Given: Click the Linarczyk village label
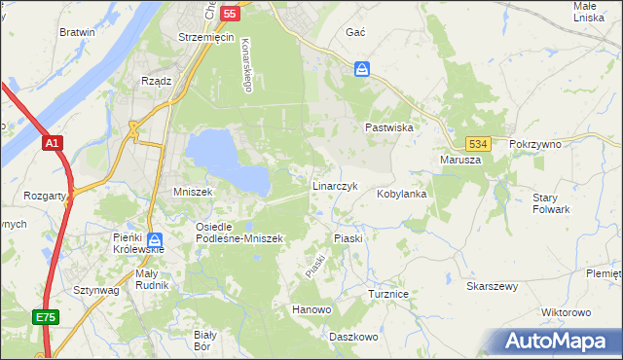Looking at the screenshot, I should [x=335, y=186].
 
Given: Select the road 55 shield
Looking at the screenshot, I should [x=230, y=14].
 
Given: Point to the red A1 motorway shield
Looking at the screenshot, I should [x=53, y=143].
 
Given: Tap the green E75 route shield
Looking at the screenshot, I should [x=45, y=317].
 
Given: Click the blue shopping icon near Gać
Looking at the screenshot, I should [x=362, y=69].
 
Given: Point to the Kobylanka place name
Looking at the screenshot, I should [x=402, y=194].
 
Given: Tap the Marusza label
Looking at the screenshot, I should [x=460, y=160].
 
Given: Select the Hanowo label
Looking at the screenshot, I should [x=311, y=309].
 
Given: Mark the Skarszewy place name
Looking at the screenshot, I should [x=492, y=286].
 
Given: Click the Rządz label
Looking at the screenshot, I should [x=156, y=81].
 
